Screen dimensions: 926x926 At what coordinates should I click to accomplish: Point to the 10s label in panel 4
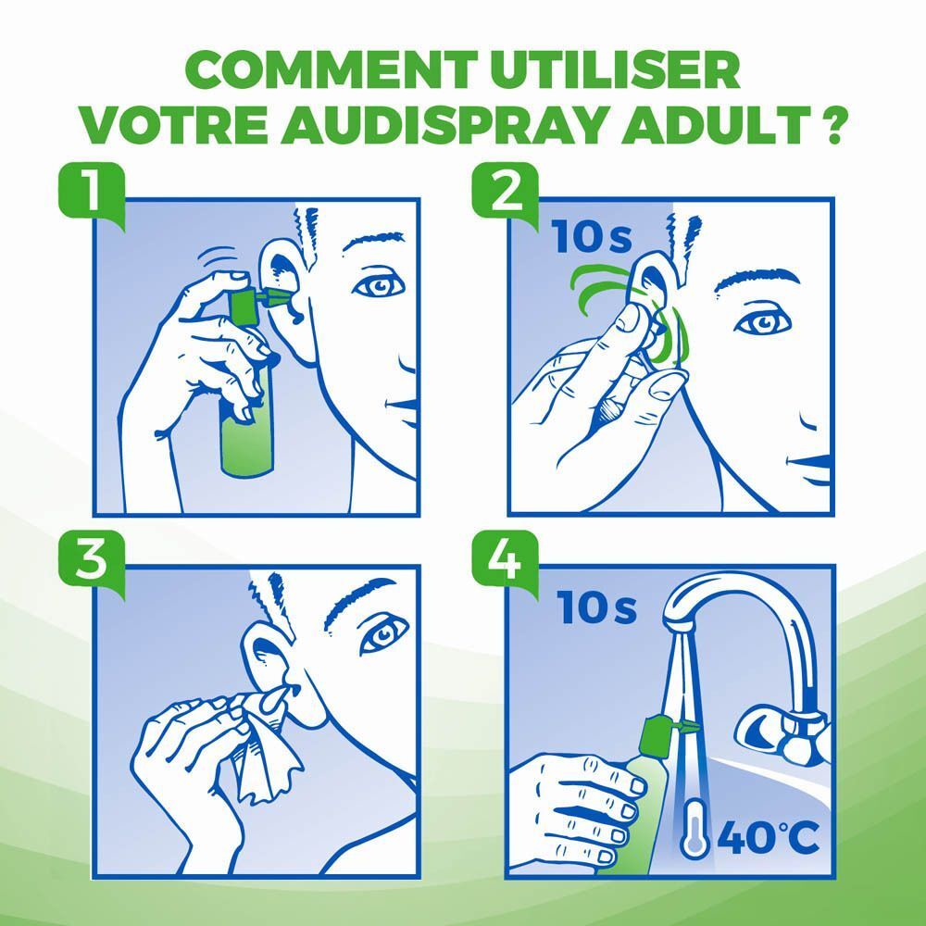pos(597,608)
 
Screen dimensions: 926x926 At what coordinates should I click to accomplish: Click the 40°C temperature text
pos(769,839)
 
